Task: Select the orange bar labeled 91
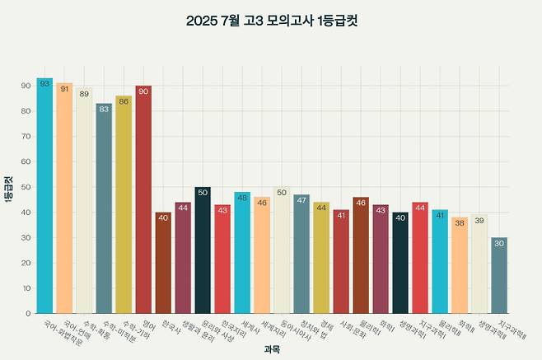(64, 199)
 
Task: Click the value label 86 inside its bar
(124, 101)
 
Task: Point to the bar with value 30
(499, 275)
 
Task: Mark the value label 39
(479, 221)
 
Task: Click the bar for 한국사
(163, 263)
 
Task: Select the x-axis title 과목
(272, 349)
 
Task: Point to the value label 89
(84, 94)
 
